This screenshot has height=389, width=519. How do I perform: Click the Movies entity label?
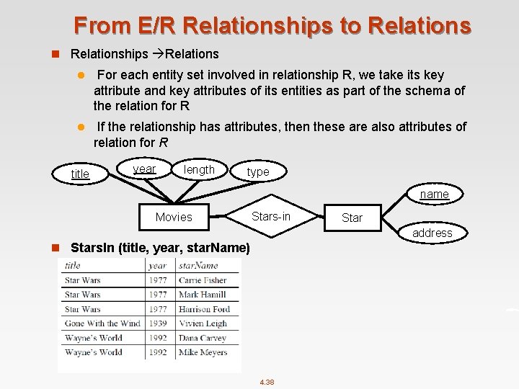coord(174,217)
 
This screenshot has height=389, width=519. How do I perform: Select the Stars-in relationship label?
coord(271,216)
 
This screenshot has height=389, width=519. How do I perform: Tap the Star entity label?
coord(352,218)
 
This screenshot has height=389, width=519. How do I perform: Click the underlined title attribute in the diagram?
coord(80,174)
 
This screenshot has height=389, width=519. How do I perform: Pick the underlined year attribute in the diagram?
coord(144,169)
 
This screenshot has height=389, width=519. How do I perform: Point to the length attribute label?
coord(199,169)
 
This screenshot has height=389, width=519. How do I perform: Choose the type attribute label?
coord(257,171)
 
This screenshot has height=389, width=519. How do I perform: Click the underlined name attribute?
coord(434,194)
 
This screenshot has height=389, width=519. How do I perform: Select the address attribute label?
coord(432,233)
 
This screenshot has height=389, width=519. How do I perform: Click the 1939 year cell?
coord(158,323)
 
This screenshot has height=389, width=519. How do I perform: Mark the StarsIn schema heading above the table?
coord(160,248)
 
